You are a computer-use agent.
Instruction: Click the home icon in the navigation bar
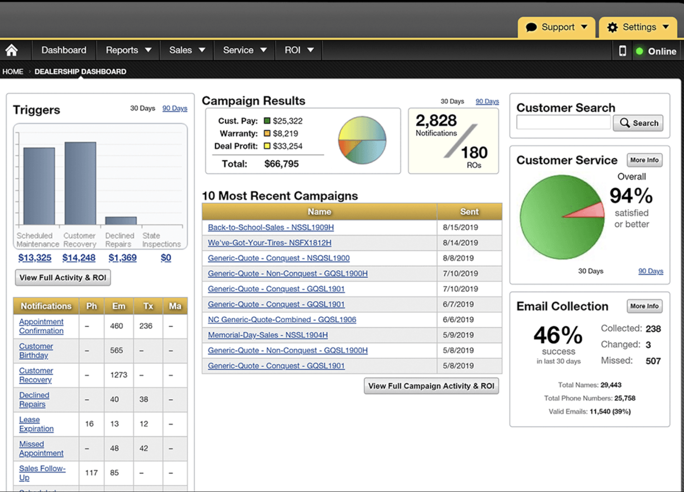(12, 50)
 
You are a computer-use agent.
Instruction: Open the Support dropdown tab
(556, 28)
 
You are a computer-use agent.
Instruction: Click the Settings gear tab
(638, 28)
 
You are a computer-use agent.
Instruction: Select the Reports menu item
(128, 50)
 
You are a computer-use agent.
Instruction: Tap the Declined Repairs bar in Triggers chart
(121, 220)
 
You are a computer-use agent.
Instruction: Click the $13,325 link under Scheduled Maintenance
(35, 258)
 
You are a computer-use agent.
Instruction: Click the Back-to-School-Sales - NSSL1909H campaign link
(271, 227)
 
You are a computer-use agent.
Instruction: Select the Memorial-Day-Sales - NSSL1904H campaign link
(267, 335)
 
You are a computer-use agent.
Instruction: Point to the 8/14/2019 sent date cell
(460, 243)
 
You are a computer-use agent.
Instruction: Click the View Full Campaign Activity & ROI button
(431, 386)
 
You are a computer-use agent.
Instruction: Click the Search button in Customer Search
(638, 123)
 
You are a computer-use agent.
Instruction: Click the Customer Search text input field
(563, 123)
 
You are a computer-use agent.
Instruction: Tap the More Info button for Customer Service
(644, 160)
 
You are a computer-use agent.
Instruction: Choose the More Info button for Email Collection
(644, 306)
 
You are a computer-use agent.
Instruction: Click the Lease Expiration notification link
(36, 424)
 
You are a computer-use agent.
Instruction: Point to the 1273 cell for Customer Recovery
(118, 375)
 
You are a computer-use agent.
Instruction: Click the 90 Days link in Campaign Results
(487, 101)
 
